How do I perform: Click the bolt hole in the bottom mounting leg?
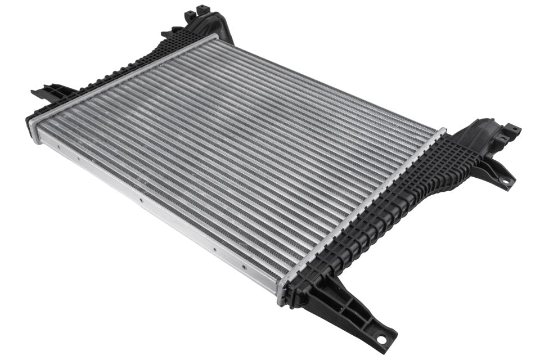(382, 340)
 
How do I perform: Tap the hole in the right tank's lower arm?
(505, 181)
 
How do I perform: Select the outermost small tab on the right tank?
(513, 129)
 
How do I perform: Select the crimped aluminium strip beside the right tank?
(360, 214)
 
